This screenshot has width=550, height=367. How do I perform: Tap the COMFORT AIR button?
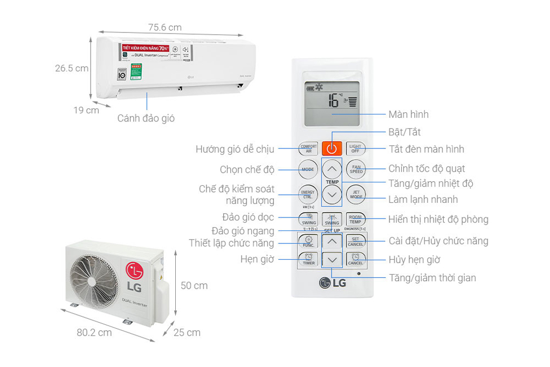click(308, 148)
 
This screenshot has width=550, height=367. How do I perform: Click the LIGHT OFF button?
click(355, 148)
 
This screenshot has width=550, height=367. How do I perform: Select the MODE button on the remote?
click(308, 169)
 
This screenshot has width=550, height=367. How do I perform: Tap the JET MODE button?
click(356, 194)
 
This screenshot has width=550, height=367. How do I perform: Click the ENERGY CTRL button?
click(308, 194)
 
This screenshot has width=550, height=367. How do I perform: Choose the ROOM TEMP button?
click(355, 220)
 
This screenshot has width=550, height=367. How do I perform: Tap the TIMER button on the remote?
click(308, 260)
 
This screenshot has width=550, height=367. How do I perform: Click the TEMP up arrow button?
click(332, 169)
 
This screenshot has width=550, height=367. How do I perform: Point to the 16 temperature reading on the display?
click(334, 100)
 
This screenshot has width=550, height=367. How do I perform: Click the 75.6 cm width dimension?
click(164, 27)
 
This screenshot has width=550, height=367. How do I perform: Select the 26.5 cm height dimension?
click(71, 69)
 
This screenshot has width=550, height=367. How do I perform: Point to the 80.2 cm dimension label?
click(94, 332)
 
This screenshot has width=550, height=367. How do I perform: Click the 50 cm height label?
click(194, 286)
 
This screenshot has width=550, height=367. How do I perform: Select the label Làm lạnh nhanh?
click(423, 199)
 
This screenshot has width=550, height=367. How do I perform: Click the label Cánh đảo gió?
click(146, 118)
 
